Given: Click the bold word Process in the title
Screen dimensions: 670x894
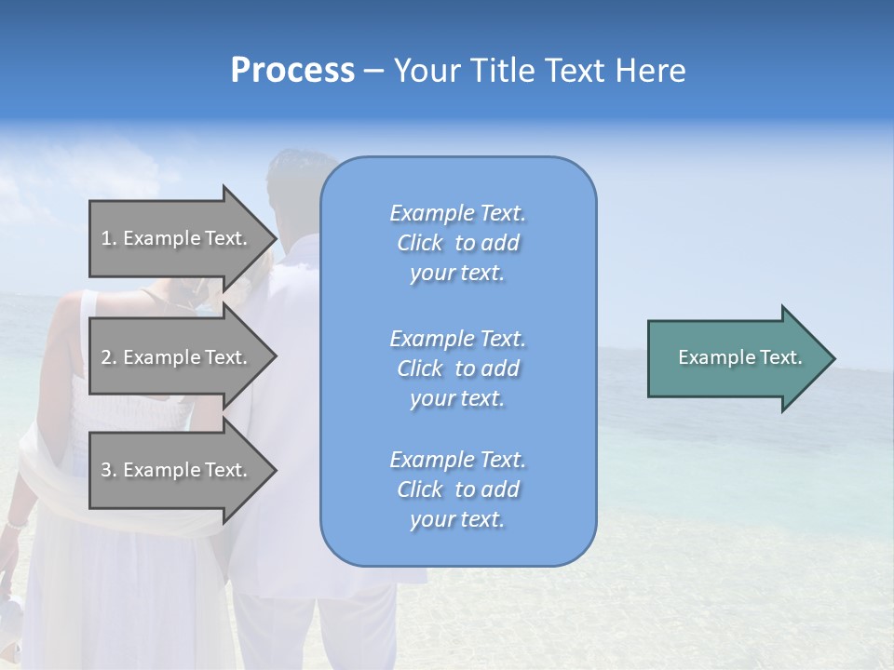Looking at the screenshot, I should pos(292,71).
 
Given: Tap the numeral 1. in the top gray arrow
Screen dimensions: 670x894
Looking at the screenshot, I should pos(109,238).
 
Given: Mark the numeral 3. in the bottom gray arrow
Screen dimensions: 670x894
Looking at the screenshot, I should pos(109,470).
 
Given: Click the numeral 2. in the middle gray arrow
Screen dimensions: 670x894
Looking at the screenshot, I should pos(109,357).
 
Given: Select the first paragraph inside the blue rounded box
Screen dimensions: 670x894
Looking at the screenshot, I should pos(457,243).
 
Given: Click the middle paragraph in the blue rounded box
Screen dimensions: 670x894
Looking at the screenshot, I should pos(457,368).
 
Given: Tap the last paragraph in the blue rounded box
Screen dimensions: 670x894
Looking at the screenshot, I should pos(457,489).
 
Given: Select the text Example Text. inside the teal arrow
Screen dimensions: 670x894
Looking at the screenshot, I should pos(740,357).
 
